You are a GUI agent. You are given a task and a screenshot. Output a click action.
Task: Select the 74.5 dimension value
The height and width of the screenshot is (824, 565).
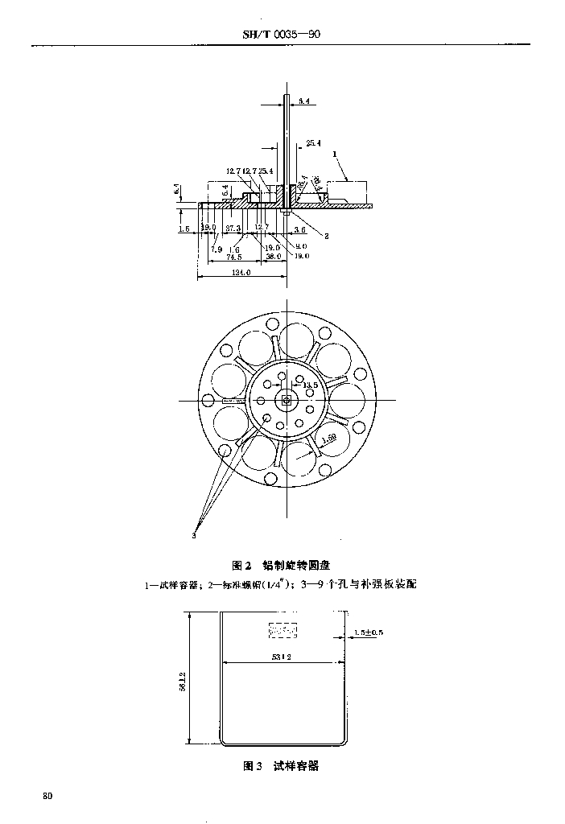pos(233,257)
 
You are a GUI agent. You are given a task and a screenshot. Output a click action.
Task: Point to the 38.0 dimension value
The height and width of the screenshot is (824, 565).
pos(273,257)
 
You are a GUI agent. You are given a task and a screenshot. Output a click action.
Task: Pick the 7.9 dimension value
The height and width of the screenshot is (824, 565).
pos(217,249)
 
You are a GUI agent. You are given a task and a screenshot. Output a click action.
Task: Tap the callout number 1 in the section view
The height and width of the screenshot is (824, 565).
pos(334,153)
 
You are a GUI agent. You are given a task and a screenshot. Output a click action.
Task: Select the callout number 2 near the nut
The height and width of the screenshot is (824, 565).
pos(327,236)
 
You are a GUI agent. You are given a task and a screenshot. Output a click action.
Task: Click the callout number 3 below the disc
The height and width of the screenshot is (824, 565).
pos(195,534)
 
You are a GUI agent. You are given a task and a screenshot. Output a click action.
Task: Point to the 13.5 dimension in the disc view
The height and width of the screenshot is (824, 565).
pos(310,385)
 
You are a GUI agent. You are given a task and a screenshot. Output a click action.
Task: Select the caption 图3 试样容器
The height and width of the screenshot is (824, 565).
pos(281,766)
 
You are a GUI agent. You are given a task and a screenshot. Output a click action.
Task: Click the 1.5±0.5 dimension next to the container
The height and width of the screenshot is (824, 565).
pos(369,632)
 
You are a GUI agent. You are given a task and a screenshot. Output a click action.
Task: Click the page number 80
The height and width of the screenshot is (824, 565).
pos(47,796)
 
